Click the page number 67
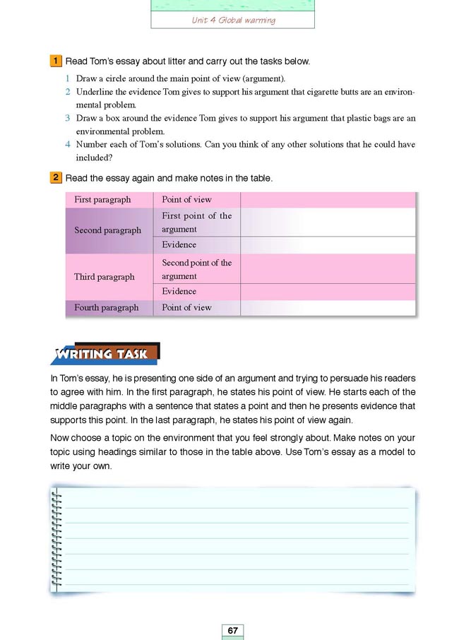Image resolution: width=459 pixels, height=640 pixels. coord(232,629)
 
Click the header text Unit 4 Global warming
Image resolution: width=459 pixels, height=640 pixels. coord(233,20)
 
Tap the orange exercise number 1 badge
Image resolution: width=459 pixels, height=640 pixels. coord(55,61)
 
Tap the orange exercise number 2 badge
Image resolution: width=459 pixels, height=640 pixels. coord(55,179)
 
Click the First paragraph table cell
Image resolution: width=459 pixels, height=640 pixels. coord(102,200)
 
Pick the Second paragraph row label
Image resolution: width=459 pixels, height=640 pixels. coord(107,230)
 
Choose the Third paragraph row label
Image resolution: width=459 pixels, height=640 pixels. coord(104,277)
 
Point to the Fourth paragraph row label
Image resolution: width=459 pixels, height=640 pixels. coord(106,307)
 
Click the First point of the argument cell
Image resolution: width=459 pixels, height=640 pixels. coord(196,223)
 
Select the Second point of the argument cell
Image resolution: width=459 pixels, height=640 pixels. coord(196,269)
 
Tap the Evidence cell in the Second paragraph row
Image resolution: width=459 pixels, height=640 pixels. coord(179,245)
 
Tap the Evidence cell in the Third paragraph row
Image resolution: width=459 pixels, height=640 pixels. coord(179,291)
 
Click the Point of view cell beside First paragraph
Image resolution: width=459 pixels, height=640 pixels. coord(186,200)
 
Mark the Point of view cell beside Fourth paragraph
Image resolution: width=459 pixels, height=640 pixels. coord(186,307)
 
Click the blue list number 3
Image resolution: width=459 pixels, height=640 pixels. coord(68,118)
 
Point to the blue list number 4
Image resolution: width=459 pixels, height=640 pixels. coord(68,145)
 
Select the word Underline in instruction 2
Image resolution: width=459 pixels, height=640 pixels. coord(95,92)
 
